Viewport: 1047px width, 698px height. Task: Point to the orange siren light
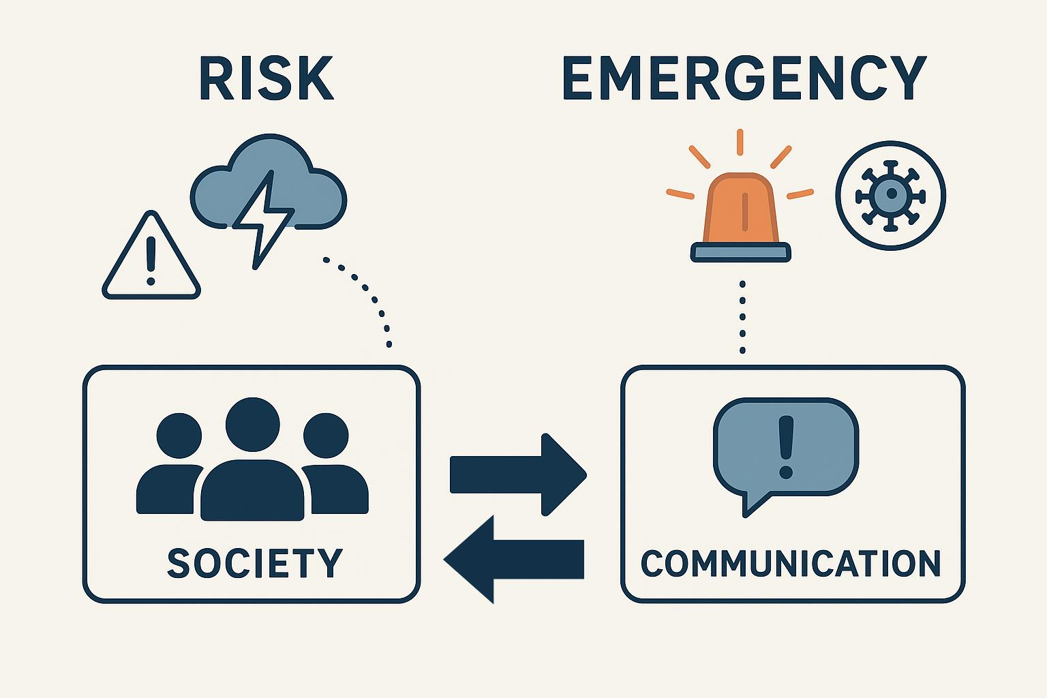point(741,208)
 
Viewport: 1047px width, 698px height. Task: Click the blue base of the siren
point(741,252)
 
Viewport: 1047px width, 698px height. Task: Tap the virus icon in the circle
point(890,196)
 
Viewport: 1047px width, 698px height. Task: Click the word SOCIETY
point(255,563)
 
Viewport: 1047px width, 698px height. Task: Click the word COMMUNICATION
point(791,563)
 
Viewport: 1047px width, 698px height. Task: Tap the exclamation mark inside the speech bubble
point(786,446)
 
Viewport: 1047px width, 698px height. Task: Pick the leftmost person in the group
point(170,470)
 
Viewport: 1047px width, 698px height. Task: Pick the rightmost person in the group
point(334,470)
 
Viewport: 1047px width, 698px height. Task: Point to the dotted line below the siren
point(742,317)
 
